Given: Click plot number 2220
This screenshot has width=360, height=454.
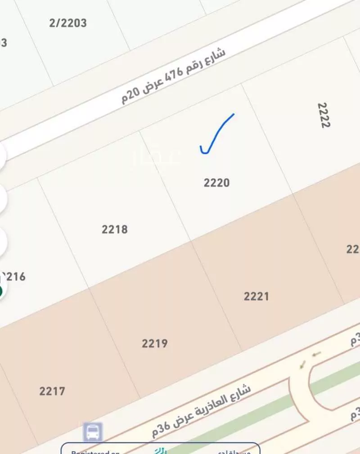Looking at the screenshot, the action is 216,183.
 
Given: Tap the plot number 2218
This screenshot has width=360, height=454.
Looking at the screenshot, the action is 115,229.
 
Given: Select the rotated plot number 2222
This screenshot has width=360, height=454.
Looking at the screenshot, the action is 323,115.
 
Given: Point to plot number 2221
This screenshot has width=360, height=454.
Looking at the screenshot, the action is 256,296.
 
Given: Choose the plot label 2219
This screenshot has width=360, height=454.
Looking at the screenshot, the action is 155,344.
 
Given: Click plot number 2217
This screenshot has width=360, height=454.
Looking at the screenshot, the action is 52,391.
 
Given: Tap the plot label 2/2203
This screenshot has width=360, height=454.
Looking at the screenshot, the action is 68,23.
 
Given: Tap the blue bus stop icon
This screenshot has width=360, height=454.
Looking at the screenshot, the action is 93,432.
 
